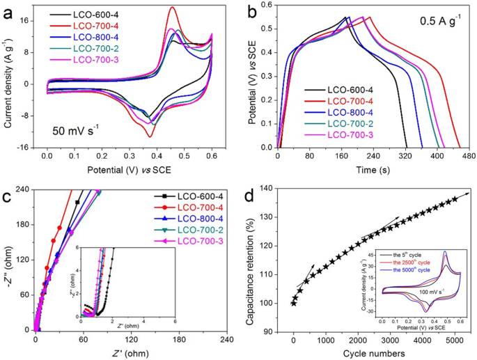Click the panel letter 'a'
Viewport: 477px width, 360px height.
tap(8, 9)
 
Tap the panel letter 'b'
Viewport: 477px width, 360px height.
tap(250, 9)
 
